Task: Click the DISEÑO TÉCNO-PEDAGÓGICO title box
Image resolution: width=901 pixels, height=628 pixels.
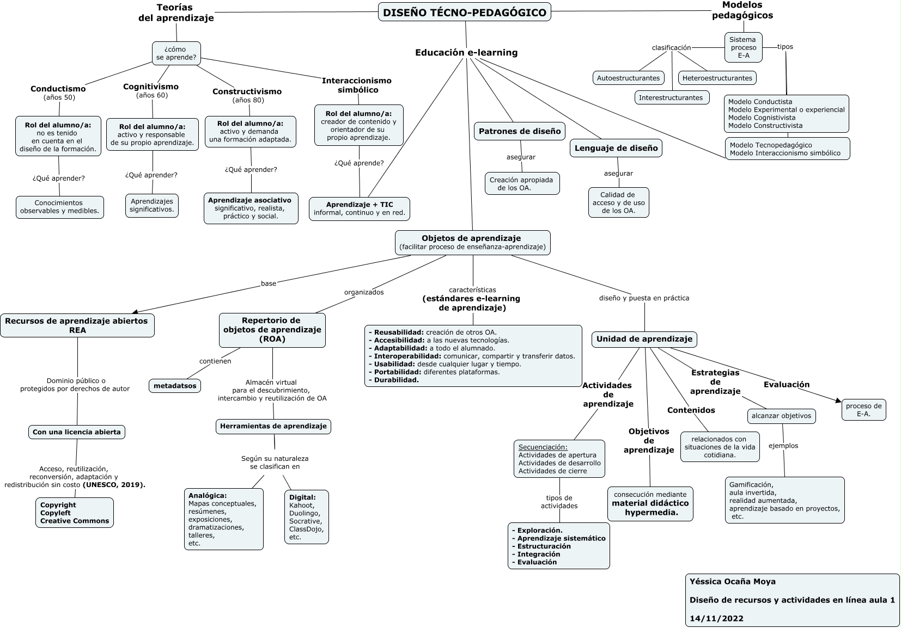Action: [464, 12]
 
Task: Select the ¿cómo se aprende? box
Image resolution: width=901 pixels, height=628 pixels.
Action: [176, 53]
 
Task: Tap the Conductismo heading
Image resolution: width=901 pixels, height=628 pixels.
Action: [58, 89]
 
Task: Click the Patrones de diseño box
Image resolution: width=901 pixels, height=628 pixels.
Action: [519, 131]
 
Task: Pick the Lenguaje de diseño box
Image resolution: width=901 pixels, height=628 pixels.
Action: [616, 148]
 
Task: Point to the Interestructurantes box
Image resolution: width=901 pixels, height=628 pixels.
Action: [671, 97]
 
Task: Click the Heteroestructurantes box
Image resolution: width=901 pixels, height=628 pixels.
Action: [717, 78]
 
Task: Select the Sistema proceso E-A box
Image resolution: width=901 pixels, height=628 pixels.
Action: [742, 47]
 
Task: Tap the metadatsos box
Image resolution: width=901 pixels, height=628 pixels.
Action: [174, 386]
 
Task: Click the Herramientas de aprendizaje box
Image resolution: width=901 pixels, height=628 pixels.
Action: [273, 426]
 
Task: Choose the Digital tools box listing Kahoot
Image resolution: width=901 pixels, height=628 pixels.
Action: [306, 517]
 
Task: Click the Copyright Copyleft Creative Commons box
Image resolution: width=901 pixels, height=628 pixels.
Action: [75, 513]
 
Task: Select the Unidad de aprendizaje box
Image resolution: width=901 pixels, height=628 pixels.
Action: [644, 339]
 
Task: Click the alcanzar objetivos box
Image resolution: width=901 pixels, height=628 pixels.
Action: [781, 416]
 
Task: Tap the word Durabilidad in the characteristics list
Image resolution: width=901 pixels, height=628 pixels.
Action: [396, 380]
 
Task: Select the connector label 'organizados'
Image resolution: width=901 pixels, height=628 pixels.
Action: [364, 292]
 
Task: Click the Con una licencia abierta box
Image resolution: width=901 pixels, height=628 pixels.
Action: [77, 432]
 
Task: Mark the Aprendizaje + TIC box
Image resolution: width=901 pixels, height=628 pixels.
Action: [359, 208]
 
